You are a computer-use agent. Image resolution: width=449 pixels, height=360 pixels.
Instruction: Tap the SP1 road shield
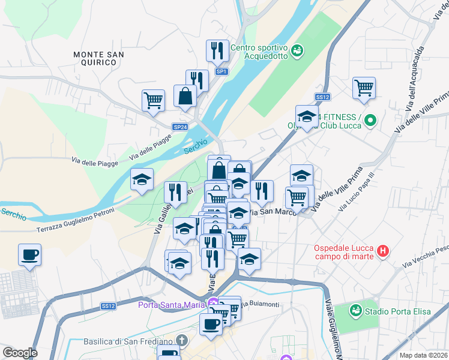pyautogui.click(x=222, y=71)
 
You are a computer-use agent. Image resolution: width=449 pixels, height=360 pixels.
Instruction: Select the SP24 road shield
pyautogui.click(x=180, y=127)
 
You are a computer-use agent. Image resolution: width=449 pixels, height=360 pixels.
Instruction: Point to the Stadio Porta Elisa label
pyautogui.click(x=402, y=311)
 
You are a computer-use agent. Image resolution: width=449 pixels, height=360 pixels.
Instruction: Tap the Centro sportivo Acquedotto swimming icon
pyautogui.click(x=297, y=53)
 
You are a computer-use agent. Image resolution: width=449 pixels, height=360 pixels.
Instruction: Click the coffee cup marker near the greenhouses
pyautogui.click(x=29, y=255)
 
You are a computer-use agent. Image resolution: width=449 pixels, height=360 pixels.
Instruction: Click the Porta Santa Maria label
pyautogui.click(x=172, y=304)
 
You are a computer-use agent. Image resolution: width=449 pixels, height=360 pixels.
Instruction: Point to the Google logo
pyautogui.click(x=19, y=353)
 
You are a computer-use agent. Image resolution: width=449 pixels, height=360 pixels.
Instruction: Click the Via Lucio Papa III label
pyautogui.click(x=356, y=191)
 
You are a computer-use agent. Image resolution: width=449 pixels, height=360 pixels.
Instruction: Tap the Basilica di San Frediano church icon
pyautogui.click(x=183, y=341)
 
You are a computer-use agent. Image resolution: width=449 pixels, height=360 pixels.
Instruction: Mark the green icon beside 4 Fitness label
pyautogui.click(x=370, y=121)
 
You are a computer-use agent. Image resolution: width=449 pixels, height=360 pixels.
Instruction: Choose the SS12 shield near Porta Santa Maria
pyautogui.click(x=109, y=306)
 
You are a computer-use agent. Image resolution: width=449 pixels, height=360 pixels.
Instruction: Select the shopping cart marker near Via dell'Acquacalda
pyautogui.click(x=364, y=88)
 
